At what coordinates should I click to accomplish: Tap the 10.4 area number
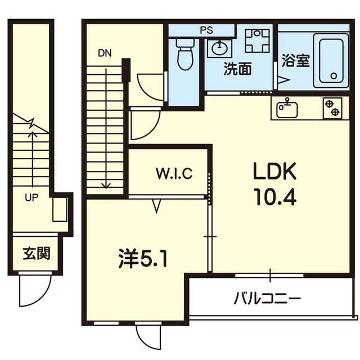tap(273, 196)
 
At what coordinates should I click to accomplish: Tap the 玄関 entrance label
tap(37, 253)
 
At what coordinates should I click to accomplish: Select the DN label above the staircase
tap(105, 54)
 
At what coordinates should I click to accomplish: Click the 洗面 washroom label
tap(237, 70)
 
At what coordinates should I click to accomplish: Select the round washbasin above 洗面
tap(218, 48)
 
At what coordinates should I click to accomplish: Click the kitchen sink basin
tap(287, 108)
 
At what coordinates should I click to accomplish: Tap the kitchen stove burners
tap(332, 108)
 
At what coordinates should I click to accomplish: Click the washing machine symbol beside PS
tap(258, 40)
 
